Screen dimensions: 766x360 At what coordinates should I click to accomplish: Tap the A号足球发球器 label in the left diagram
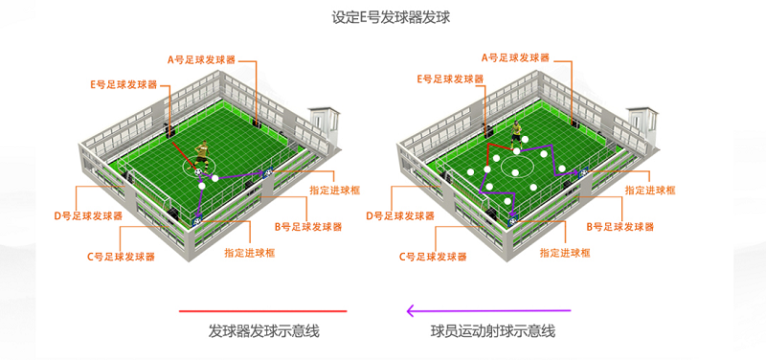click(201, 60)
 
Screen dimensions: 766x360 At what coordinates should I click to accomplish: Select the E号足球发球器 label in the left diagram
click(124, 84)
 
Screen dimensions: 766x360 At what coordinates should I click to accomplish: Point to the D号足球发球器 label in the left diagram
click(88, 215)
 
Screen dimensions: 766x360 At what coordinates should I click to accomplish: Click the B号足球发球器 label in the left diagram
click(307, 227)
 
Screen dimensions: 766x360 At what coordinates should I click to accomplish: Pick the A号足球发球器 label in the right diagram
click(515, 58)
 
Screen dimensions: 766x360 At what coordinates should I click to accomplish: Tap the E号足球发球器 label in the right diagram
click(450, 79)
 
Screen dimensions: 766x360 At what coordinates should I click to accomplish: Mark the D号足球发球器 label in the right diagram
click(400, 215)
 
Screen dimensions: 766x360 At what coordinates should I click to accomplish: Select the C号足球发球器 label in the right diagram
click(433, 257)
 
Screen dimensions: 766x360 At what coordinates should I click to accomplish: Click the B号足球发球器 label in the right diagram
click(620, 227)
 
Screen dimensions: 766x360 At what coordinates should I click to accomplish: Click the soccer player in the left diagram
click(200, 157)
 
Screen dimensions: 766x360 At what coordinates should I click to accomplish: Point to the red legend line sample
click(262, 310)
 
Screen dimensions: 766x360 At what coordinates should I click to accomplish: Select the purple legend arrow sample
click(489, 310)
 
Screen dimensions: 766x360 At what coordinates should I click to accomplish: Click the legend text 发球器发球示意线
click(263, 331)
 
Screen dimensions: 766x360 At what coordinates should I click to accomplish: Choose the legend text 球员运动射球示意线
click(493, 331)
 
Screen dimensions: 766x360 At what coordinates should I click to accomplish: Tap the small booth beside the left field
click(323, 124)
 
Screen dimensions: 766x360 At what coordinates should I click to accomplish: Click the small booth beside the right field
click(642, 124)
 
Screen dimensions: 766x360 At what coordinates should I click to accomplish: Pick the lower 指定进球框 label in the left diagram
click(250, 253)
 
